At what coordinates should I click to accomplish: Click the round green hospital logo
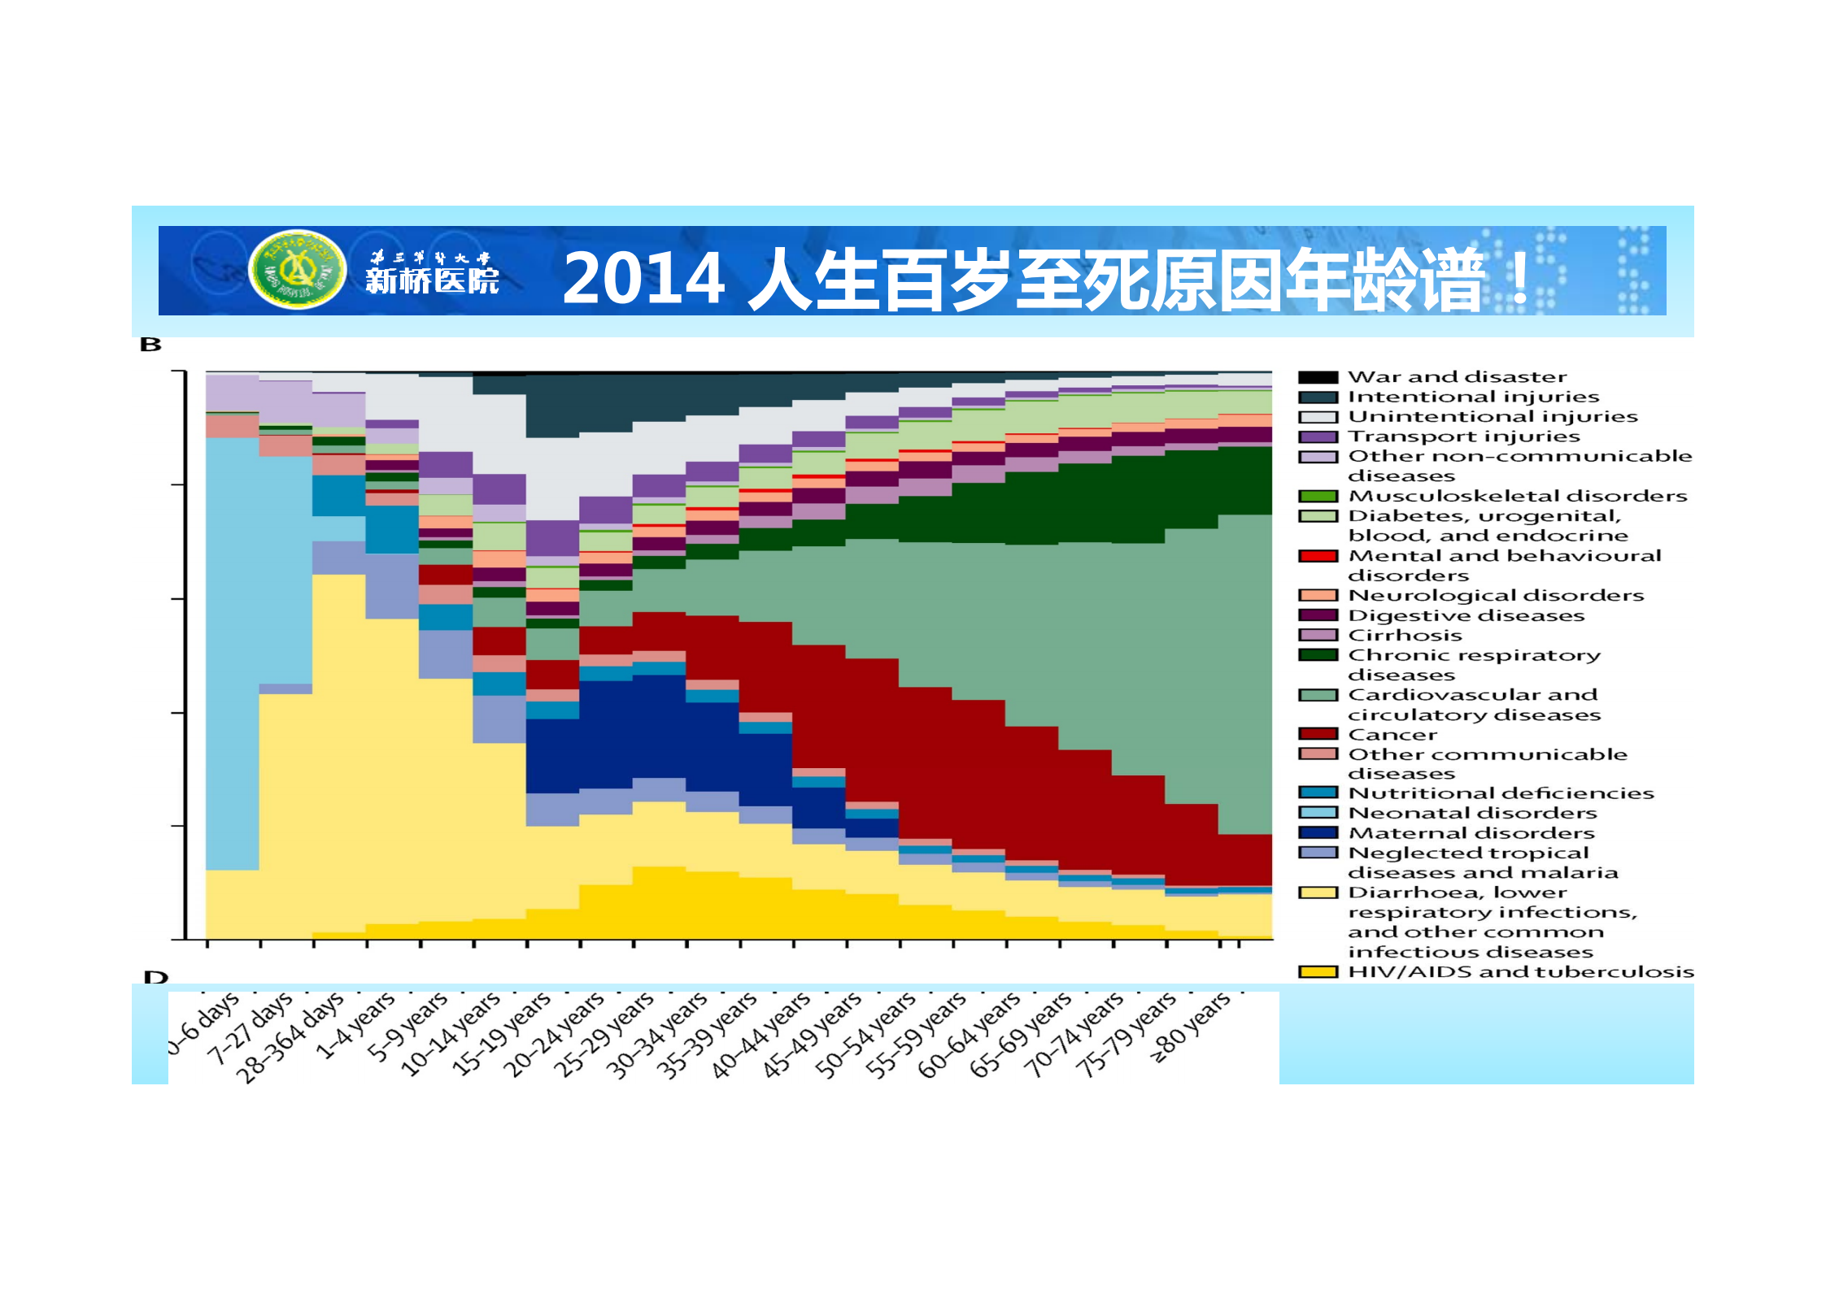click(x=298, y=269)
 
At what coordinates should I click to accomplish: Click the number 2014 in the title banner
click(x=643, y=278)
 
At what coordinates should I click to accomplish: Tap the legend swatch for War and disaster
click(x=1318, y=377)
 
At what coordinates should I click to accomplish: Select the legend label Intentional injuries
click(x=1473, y=397)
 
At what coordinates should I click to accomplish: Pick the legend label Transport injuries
click(x=1463, y=437)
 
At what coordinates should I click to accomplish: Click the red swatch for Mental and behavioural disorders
click(x=1318, y=556)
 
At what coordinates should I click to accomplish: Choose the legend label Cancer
click(x=1392, y=735)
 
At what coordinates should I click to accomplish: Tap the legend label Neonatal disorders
click(x=1472, y=814)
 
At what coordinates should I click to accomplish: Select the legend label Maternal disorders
click(x=1471, y=833)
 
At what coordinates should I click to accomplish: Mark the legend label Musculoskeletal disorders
click(x=1518, y=496)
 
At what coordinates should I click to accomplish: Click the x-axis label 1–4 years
click(x=355, y=1025)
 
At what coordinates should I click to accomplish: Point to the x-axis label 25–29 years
click(x=604, y=1034)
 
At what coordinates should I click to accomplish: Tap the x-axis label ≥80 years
click(x=1190, y=1027)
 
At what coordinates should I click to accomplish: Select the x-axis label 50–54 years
click(x=867, y=1035)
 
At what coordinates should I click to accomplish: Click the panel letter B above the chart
click(x=151, y=345)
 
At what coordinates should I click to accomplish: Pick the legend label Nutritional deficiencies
click(x=1501, y=793)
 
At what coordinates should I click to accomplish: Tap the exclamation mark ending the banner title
click(x=1519, y=278)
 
